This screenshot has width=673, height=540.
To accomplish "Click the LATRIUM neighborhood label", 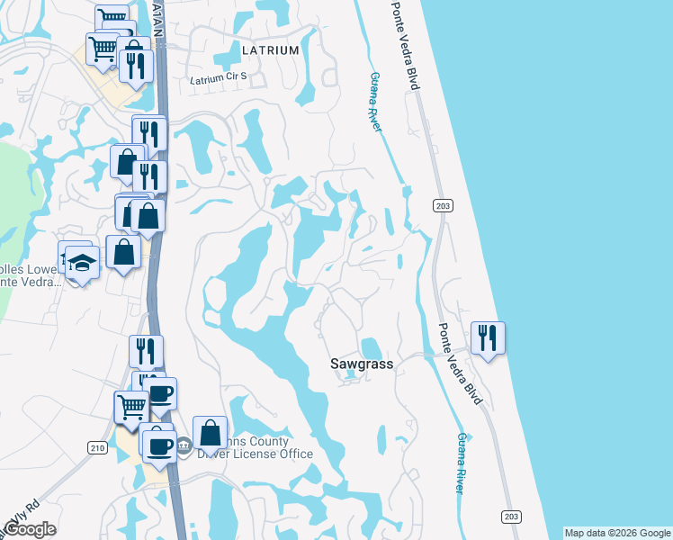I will click(x=270, y=50).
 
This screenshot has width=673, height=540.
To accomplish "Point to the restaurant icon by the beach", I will click(x=488, y=337).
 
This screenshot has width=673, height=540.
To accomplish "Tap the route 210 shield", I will click(x=97, y=447).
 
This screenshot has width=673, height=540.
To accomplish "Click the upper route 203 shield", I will click(x=442, y=207).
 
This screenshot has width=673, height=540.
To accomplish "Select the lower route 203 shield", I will click(x=510, y=516).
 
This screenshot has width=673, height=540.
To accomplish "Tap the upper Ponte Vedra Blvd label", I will click(x=406, y=45).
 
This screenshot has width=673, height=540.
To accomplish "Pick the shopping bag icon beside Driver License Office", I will click(x=210, y=433).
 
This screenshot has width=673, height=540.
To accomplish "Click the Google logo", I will click(x=30, y=529).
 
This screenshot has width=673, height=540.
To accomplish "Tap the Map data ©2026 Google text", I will click(x=617, y=533).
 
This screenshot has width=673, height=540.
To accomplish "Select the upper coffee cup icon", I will click(x=160, y=393).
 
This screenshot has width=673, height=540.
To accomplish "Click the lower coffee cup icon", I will click(x=160, y=445).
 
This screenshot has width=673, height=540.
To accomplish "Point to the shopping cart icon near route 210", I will click(x=131, y=407).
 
